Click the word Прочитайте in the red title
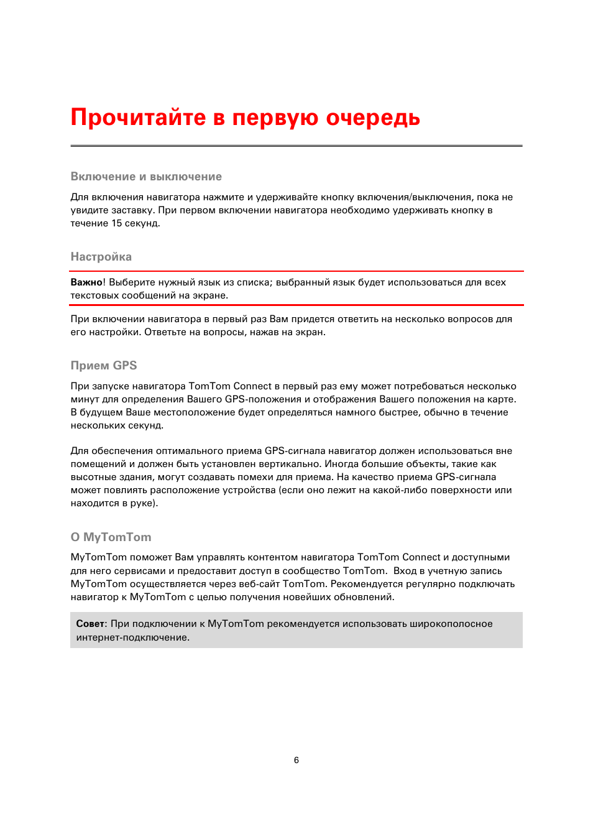(x=138, y=118)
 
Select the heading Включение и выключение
(x=146, y=177)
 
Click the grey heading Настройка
(x=101, y=257)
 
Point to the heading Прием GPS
(x=104, y=366)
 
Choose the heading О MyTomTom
(x=111, y=537)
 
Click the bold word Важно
(x=86, y=282)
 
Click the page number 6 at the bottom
(x=296, y=760)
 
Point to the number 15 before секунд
(x=117, y=223)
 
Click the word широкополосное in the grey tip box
(x=451, y=624)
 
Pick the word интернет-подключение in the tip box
(x=132, y=637)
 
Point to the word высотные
(x=93, y=477)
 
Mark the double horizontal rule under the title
(x=296, y=146)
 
